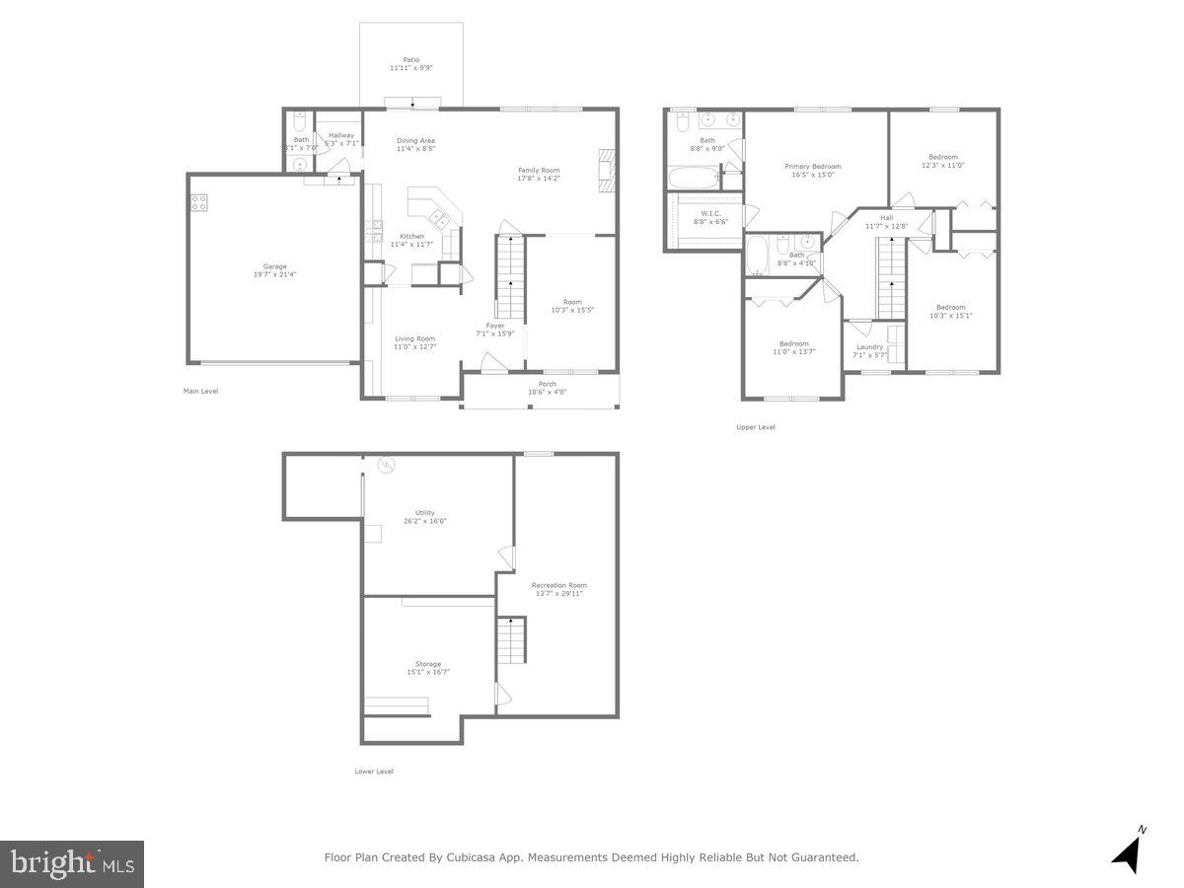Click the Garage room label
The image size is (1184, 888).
273,266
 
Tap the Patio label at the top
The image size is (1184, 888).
410,59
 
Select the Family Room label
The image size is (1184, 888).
539,170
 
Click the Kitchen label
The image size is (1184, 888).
411,236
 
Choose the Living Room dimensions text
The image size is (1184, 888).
415,347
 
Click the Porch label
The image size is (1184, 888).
547,384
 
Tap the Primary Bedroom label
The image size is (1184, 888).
813,167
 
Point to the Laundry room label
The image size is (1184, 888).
869,346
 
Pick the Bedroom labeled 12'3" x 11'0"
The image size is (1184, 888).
942,157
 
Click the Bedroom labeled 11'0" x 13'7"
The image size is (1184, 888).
793,343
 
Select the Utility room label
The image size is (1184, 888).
424,513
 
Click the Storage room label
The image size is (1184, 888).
427,664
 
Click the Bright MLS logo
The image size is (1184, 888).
72,864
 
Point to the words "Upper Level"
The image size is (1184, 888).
755,427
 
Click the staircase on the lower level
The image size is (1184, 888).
509,640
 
